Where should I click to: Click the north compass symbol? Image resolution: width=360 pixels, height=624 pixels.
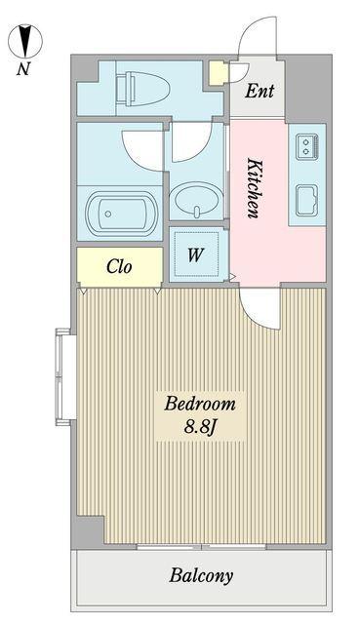(x=25, y=41)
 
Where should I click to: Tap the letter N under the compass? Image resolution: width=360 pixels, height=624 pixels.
(x=23, y=69)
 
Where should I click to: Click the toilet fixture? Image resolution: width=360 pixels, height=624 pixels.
(x=142, y=89)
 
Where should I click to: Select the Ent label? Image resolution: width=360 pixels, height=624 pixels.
(x=260, y=91)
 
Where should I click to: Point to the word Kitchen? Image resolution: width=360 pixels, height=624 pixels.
(x=254, y=188)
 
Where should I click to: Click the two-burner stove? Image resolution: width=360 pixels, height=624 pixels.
(x=307, y=146)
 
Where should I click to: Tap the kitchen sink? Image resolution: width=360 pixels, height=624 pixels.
(x=307, y=201)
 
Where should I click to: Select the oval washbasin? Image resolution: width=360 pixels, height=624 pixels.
(x=195, y=198)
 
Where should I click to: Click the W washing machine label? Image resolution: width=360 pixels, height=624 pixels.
(x=195, y=255)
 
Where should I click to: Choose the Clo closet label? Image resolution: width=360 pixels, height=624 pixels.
(x=119, y=266)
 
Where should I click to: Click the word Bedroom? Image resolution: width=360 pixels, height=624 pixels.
(x=200, y=405)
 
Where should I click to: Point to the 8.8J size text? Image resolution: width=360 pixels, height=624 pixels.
(x=200, y=427)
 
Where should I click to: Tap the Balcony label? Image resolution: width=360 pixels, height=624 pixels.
(x=201, y=576)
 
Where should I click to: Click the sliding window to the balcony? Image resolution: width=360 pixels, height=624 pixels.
(x=201, y=547)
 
